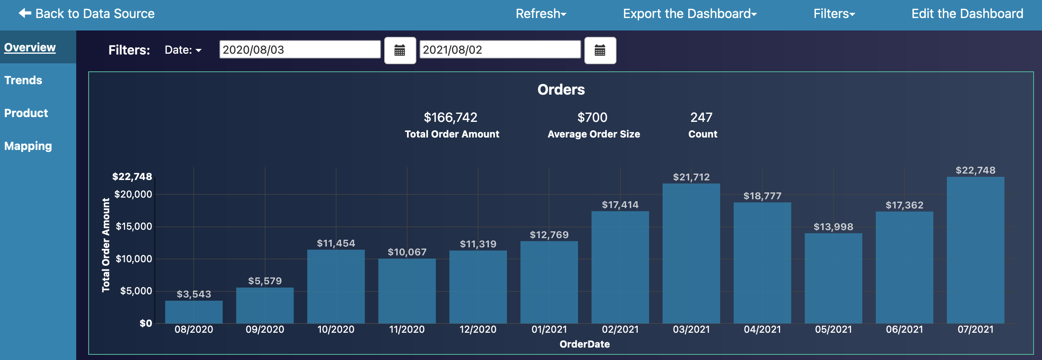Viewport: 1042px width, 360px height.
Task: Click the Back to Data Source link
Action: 87,14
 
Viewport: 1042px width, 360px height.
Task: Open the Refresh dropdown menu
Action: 540,14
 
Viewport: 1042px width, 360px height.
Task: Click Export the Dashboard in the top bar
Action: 689,14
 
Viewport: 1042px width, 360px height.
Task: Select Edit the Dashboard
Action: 967,14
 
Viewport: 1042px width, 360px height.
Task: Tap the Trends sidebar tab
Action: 23,80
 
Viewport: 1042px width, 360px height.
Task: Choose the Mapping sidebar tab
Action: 28,146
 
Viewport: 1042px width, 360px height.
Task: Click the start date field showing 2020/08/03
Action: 299,50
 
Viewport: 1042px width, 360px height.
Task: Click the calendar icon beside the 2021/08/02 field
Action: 600,51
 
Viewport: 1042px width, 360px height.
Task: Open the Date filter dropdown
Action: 183,50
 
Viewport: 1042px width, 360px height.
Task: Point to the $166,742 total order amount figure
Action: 450,117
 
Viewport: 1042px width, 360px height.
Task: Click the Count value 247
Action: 701,117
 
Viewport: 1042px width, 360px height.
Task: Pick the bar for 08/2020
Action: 194,312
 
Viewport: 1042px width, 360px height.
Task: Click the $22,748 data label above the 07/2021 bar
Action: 975,170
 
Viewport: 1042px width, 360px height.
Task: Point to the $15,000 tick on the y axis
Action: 134,227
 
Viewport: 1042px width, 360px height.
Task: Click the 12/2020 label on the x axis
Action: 478,330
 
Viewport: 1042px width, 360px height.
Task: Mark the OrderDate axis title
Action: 584,344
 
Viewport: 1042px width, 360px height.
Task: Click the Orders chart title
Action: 561,89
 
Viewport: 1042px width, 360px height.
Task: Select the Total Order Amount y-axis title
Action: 106,245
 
